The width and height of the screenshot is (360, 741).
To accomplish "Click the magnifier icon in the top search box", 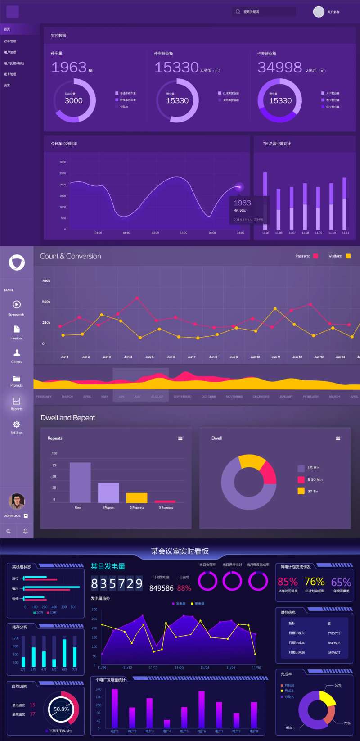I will point(238,12).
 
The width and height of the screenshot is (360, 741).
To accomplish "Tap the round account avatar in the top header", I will point(319,12).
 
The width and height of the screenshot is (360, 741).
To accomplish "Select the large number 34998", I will point(279,68).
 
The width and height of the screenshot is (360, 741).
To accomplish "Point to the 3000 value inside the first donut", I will point(74,101).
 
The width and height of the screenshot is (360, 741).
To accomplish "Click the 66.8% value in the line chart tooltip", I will point(239,211).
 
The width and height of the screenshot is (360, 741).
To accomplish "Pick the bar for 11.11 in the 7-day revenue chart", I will point(345,203).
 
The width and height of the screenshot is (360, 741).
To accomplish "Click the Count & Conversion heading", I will point(70,256).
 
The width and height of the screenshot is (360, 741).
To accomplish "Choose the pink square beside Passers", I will point(315,256).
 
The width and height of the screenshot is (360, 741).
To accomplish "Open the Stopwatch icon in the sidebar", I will point(17,305).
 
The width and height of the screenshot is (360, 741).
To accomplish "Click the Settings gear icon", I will point(17,425).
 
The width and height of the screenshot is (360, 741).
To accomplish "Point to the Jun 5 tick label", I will point(149,357).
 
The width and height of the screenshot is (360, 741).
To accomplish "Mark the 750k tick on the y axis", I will point(46,281).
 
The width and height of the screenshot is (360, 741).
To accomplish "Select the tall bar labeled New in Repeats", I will point(80,483).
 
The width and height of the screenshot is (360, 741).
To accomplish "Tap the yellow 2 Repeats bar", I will point(137,498).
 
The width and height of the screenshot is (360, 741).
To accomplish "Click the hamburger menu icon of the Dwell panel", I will point(338,438).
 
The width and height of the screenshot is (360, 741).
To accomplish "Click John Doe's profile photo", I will point(17,501).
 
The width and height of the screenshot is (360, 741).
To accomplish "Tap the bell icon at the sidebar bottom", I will point(25,531).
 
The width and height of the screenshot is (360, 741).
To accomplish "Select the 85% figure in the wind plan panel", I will point(288,582).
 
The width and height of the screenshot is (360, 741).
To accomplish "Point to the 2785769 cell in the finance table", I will point(333,633).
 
